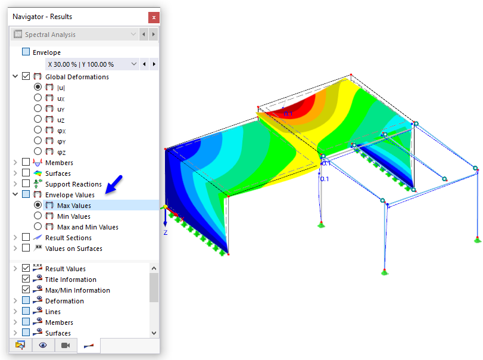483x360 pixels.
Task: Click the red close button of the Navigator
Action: (x=154, y=17)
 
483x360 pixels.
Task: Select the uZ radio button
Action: (x=38, y=119)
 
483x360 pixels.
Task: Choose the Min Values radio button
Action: (x=38, y=216)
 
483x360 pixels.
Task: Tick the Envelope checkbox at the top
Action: (x=26, y=52)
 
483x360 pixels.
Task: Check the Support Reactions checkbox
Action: (x=26, y=184)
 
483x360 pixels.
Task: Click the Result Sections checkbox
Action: (x=26, y=237)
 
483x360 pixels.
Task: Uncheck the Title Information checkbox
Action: (x=26, y=279)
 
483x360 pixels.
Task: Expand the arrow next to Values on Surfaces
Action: (x=15, y=248)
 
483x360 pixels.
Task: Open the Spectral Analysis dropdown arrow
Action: (x=133, y=34)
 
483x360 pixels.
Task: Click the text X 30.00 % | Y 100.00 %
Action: (x=81, y=64)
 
